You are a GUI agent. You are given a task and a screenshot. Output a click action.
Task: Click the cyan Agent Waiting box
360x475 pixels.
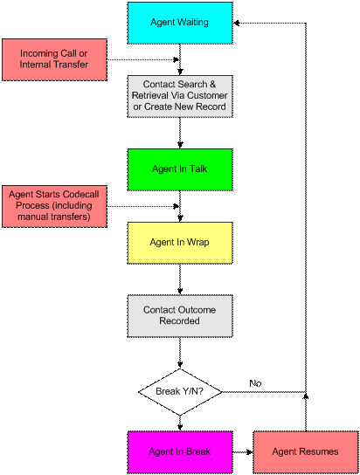180,23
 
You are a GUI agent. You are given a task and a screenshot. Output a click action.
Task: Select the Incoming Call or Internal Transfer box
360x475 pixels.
54,59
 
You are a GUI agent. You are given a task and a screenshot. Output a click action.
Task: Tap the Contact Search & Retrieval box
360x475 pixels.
180,96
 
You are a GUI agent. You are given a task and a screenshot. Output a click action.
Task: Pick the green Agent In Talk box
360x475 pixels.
180,169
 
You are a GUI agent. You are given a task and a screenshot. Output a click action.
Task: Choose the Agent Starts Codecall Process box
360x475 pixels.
54,206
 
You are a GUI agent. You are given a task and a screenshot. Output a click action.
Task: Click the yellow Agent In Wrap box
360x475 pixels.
180,243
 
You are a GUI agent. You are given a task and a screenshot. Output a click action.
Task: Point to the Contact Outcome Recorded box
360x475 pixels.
180,316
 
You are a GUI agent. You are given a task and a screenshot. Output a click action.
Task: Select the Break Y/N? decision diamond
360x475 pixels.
180,392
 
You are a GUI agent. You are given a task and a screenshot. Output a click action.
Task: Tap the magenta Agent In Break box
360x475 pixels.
180,452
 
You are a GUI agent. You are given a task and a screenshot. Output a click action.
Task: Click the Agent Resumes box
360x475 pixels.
306,452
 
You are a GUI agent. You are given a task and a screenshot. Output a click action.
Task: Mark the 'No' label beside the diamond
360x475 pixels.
255,383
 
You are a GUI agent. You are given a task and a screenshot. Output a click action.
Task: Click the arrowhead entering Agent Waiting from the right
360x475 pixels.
237,23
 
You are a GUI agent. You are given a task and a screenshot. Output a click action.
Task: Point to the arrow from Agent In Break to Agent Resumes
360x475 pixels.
243,452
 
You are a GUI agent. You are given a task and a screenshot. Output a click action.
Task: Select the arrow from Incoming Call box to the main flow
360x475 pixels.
143,59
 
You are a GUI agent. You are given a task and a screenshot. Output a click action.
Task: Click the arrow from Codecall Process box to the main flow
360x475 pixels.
143,206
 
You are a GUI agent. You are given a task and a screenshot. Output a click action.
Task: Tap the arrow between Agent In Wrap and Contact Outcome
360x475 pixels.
180,279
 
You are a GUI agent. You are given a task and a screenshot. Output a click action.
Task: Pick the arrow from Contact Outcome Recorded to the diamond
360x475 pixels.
180,353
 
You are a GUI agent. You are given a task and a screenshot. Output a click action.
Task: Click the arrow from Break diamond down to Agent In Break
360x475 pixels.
180,423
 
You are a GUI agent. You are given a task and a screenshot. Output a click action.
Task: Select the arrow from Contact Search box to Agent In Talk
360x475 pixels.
180,133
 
